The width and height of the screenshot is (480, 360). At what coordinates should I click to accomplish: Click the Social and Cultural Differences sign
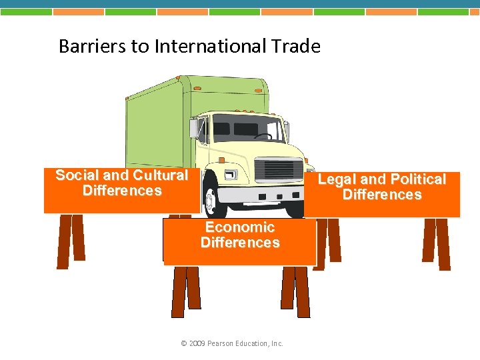coord(121,190)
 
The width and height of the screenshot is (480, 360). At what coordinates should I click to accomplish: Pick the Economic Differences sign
coord(239,240)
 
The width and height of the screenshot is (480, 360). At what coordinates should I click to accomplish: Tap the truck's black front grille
coord(279,170)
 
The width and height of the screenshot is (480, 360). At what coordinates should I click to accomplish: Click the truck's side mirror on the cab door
coord(194,127)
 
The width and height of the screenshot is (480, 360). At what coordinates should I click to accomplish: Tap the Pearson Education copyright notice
coord(232,344)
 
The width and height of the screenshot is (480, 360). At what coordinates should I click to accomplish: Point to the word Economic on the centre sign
coord(239,227)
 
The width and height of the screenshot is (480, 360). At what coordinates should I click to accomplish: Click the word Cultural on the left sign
coord(160,175)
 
